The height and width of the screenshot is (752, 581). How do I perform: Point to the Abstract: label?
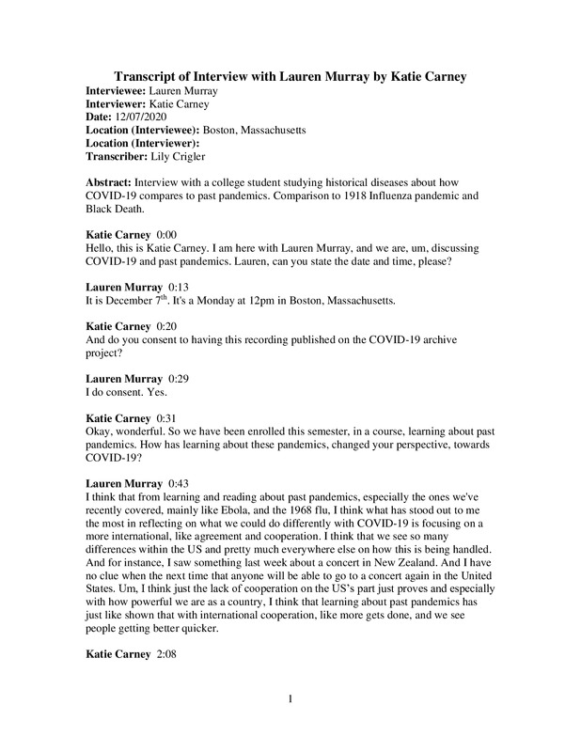109,180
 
